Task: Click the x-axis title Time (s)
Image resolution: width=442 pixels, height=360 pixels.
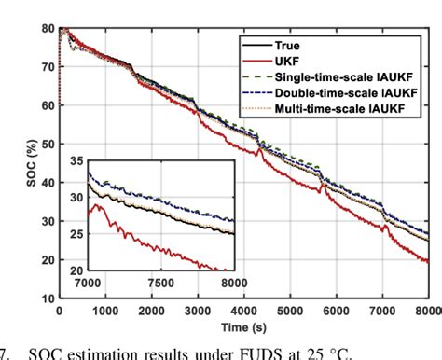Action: (247, 328)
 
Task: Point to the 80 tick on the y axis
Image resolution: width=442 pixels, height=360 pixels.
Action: (46, 30)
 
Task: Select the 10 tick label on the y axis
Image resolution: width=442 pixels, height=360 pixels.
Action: (46, 298)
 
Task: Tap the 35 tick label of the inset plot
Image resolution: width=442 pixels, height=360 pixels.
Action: (73, 162)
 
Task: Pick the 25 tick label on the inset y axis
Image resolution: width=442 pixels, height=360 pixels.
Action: (73, 234)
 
